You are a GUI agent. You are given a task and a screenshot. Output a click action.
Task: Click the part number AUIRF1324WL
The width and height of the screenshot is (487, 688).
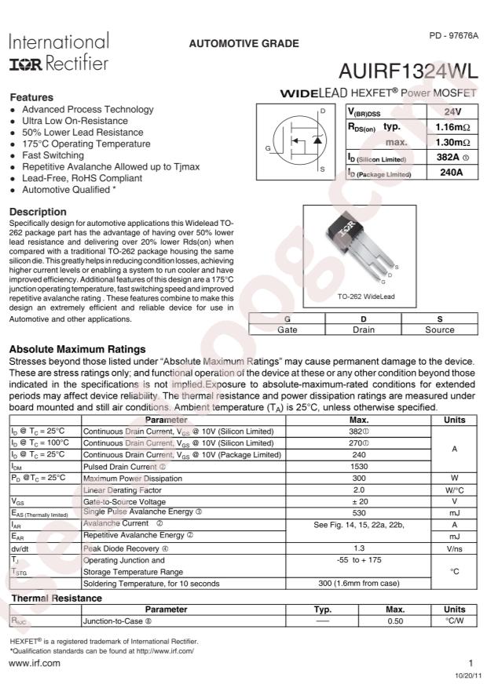pos(408,71)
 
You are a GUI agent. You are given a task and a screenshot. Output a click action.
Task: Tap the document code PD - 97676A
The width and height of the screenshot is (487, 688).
pos(453,36)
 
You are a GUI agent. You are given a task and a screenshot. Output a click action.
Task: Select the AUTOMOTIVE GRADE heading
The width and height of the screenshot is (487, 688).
pos(243,44)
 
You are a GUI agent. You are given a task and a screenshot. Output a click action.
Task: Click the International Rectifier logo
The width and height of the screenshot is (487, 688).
pos(59,52)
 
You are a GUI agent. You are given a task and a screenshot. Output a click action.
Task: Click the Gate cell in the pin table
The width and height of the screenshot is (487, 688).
pos(287,330)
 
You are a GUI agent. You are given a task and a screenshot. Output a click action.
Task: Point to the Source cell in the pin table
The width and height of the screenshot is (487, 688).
pos(439,330)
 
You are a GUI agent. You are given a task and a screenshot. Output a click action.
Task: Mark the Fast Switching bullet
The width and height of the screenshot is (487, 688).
pos(54,155)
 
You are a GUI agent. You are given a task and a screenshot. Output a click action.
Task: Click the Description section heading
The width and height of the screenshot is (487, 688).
pos(37,212)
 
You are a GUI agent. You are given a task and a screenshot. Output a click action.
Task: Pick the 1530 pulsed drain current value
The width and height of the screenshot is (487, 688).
pos(359,466)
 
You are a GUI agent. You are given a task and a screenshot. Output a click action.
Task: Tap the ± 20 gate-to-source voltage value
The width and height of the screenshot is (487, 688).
pos(359,501)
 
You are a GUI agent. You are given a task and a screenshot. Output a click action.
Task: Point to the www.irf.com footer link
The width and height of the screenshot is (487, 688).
pos(34,664)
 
